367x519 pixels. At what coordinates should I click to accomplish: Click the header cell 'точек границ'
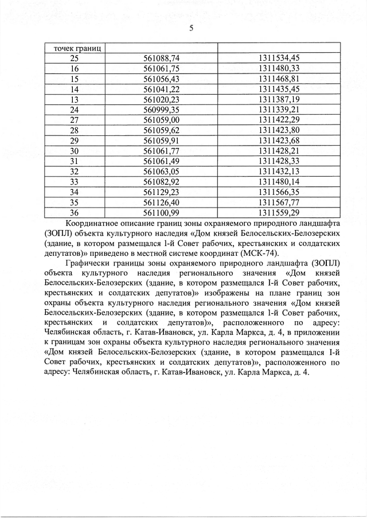tap(75, 48)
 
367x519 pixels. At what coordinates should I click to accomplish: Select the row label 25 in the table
tap(75, 58)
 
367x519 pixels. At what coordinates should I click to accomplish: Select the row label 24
tap(75, 110)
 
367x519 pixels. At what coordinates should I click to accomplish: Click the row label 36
tap(75, 213)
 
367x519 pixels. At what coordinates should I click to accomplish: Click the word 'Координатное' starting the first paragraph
tap(95, 223)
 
